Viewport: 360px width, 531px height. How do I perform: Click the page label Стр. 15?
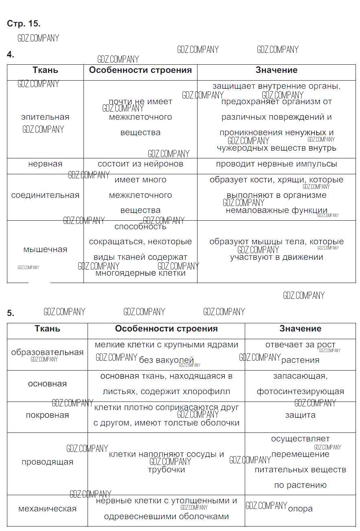tap(24, 24)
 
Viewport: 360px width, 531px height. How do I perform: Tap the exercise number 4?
tap(11, 55)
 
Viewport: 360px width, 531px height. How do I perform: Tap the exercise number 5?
tap(11, 313)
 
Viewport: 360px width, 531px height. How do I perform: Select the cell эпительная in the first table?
tap(45, 117)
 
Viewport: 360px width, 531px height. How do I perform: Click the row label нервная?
tap(45, 164)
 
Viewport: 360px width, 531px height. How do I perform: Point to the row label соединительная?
tap(45, 195)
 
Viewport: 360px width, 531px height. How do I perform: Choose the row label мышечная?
tap(45, 250)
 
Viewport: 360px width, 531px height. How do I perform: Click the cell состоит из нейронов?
tap(140, 164)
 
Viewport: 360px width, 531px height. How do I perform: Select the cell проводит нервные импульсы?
tap(277, 164)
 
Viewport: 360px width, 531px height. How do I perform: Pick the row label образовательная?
tap(47, 353)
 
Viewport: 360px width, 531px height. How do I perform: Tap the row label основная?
tap(47, 384)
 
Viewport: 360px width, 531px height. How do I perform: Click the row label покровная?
tap(47, 415)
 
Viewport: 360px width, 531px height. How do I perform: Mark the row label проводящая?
tap(47, 462)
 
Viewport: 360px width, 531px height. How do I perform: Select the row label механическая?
tap(47, 509)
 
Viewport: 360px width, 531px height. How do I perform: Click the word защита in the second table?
tap(301, 415)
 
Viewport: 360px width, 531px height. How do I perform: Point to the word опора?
tap(301, 509)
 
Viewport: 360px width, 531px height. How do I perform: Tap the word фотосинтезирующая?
tap(301, 392)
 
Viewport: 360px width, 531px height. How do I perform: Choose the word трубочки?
tap(167, 470)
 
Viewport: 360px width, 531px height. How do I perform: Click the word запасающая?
tap(301, 376)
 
